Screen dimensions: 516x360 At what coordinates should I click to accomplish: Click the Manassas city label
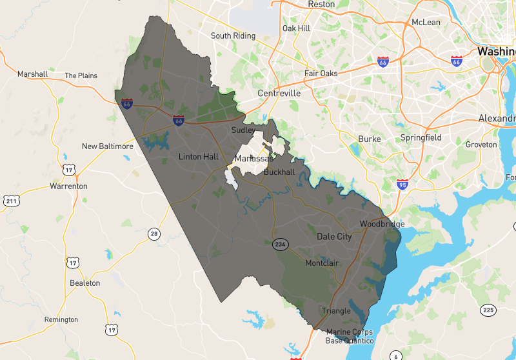tap(253, 159)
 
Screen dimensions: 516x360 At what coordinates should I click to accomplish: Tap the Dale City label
tap(334, 237)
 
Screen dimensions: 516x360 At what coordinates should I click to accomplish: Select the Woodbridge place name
tap(382, 224)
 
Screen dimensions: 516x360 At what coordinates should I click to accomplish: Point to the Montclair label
tap(322, 263)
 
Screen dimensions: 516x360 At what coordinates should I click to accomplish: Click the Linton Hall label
tap(199, 157)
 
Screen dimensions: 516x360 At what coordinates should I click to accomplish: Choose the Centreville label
tap(279, 94)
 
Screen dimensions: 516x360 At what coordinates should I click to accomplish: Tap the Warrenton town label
tap(68, 186)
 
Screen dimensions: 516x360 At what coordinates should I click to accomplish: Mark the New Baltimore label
tap(107, 146)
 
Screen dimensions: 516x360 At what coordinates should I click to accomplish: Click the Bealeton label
tap(84, 283)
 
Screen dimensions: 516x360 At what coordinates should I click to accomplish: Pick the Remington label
tap(61, 319)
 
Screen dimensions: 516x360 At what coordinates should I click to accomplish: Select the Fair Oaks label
tap(321, 74)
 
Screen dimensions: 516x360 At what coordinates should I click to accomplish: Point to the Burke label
tap(370, 139)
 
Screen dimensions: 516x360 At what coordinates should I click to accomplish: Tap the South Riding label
tap(233, 36)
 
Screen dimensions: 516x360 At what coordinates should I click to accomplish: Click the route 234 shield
tap(279, 245)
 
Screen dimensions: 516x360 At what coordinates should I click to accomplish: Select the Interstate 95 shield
tap(402, 185)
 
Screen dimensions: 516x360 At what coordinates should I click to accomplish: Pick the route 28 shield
tap(153, 234)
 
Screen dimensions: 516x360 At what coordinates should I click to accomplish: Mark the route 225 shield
tap(488, 310)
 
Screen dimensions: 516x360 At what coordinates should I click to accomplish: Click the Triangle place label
tap(336, 311)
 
